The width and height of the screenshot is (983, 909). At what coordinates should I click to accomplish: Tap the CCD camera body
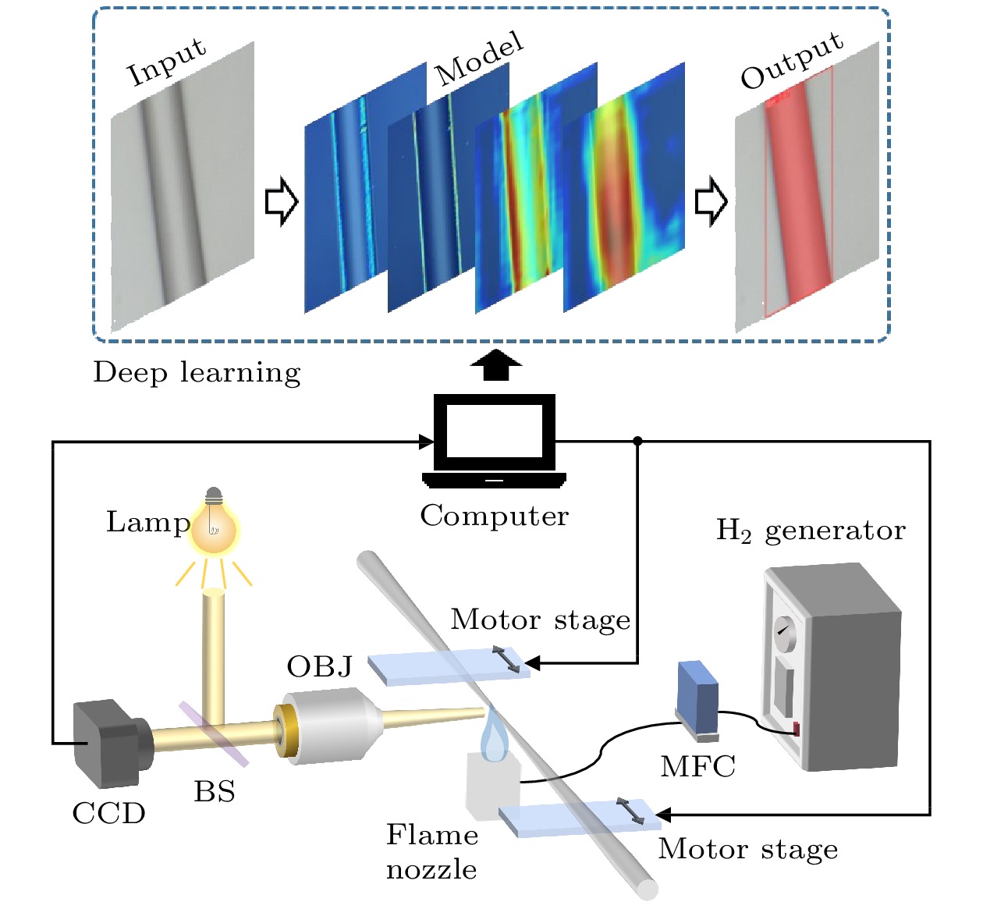click(x=105, y=743)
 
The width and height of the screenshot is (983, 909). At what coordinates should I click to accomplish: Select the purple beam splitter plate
click(x=213, y=733)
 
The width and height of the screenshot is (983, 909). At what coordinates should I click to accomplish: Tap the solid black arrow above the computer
click(x=495, y=365)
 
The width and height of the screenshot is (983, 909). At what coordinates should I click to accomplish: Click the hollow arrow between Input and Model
click(x=282, y=201)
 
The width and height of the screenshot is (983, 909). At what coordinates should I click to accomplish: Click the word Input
click(x=167, y=62)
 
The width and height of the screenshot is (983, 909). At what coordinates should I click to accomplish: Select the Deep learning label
click(x=197, y=373)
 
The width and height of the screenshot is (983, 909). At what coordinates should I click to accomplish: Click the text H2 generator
click(x=811, y=531)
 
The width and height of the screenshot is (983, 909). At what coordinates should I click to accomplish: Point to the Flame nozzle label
click(x=432, y=852)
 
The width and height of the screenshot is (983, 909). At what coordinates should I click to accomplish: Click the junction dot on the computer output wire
click(x=637, y=442)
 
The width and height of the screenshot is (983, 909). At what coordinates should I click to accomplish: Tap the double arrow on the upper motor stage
click(x=506, y=659)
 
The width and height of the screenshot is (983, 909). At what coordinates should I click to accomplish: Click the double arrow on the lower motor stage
click(x=630, y=811)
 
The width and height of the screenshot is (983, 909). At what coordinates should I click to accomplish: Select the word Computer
click(x=495, y=516)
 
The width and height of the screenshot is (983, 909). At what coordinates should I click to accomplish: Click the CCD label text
click(x=109, y=814)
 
